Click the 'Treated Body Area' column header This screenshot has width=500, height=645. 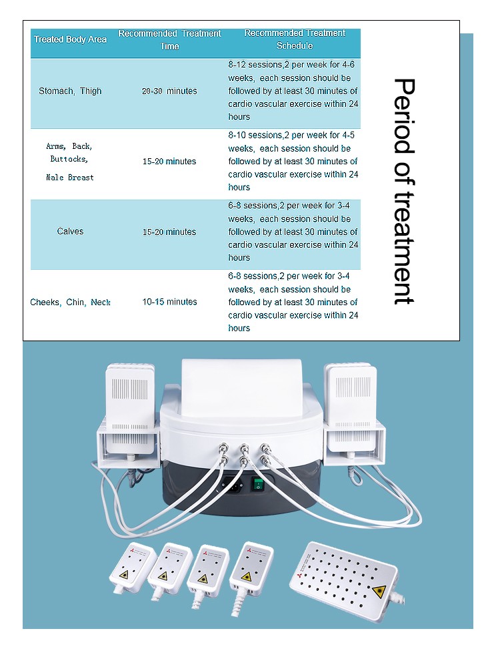70,39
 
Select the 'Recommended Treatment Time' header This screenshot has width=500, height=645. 170,39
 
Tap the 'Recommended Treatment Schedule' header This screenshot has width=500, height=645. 295,39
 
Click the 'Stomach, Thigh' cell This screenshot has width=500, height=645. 70,91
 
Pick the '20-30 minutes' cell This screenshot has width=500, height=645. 169,91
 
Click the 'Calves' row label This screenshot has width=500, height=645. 70,231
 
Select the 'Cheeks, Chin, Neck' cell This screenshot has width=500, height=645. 70,302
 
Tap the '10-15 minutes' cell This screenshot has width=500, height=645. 170,302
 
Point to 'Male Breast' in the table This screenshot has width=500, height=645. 70,178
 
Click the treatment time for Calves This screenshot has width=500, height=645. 169,232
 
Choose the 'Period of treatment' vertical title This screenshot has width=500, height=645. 404,191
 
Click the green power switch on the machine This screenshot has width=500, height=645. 258,484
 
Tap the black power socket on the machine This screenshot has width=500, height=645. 233,485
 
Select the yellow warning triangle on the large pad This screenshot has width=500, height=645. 379,592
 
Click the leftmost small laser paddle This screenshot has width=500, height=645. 132,568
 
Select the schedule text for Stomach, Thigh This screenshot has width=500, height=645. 293,91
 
